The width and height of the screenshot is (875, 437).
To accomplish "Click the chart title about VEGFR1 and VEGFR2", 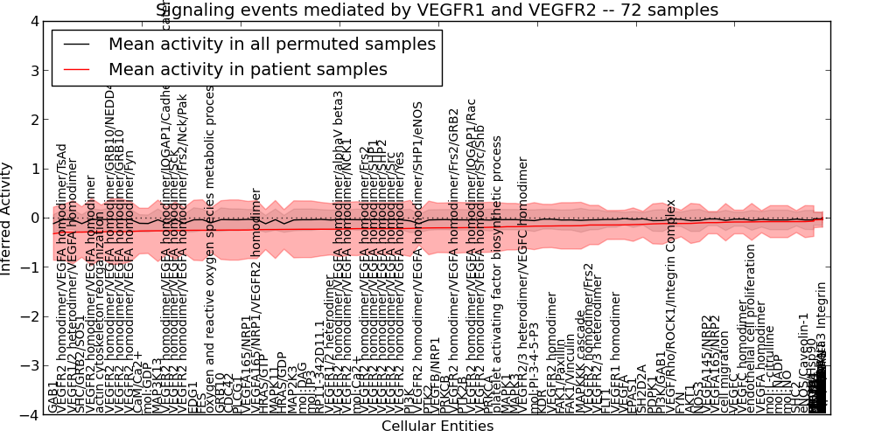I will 437,10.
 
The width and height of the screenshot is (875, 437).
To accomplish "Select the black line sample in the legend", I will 79,45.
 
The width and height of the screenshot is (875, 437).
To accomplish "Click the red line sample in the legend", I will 79,69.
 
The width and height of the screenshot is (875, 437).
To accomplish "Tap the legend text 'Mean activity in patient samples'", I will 248,69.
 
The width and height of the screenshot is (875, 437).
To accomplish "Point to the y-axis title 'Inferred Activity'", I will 7,218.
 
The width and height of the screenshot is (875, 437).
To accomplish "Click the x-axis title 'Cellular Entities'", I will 437,427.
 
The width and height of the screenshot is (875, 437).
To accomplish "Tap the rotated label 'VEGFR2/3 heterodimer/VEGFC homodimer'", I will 523,284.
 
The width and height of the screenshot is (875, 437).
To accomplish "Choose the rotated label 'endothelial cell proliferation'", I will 751,328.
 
